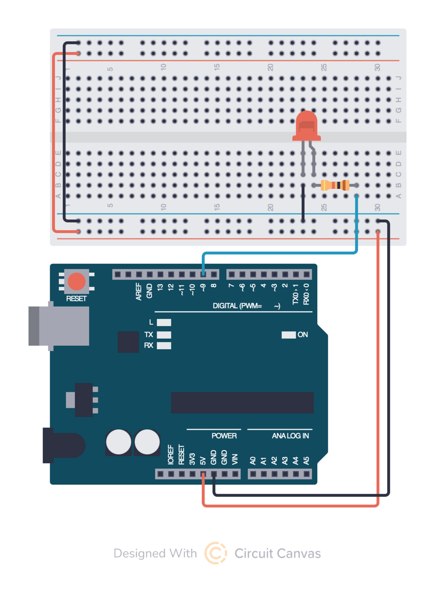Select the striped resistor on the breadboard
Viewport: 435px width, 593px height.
tap(335, 185)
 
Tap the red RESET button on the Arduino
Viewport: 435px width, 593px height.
tap(76, 282)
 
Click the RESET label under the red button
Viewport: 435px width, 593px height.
tap(76, 299)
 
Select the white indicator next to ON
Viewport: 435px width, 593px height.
tap(288, 335)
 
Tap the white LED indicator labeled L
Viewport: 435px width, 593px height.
tap(164, 322)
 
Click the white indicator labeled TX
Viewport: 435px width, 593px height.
tap(164, 335)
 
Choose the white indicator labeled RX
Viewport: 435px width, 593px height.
tap(164, 346)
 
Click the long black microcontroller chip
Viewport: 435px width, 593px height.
tap(242, 402)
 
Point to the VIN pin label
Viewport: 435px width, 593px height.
tap(235, 459)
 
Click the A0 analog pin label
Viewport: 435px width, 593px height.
tap(253, 460)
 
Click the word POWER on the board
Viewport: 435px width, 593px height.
tap(224, 436)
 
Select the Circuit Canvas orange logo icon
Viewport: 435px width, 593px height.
tap(215, 553)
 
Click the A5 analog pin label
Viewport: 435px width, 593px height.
tap(306, 460)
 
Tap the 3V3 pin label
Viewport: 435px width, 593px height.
tap(192, 459)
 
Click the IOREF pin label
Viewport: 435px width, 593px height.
tap(171, 455)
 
